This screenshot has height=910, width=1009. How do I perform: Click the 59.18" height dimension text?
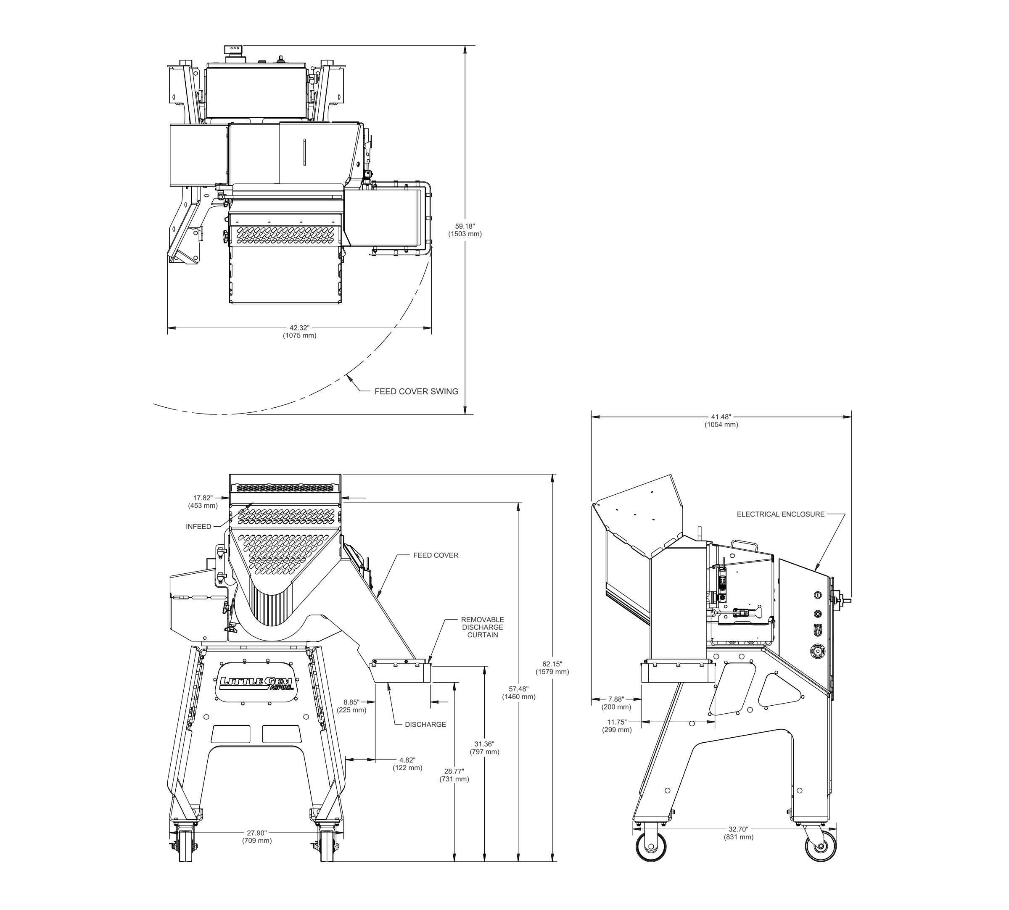(x=465, y=229)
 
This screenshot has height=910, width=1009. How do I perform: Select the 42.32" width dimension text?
(x=299, y=332)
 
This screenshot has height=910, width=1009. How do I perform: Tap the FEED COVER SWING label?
(x=417, y=391)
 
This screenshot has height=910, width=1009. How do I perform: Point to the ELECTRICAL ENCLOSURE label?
(x=780, y=514)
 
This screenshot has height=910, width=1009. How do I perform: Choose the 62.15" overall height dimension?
(x=552, y=667)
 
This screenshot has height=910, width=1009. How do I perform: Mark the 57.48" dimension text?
(x=518, y=693)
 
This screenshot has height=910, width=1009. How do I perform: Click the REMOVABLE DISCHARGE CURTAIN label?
(x=483, y=627)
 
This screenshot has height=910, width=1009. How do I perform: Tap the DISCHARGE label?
(x=425, y=724)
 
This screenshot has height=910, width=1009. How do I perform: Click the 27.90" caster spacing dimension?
(x=257, y=836)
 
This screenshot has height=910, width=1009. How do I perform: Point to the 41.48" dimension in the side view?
(x=721, y=420)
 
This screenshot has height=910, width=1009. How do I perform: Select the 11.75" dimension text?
(x=616, y=725)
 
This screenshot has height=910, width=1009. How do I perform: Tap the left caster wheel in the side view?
(x=651, y=846)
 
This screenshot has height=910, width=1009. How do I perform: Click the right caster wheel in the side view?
(x=821, y=847)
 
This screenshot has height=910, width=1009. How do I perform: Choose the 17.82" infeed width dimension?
(x=203, y=501)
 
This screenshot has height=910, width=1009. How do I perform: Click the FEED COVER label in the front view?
(x=436, y=555)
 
